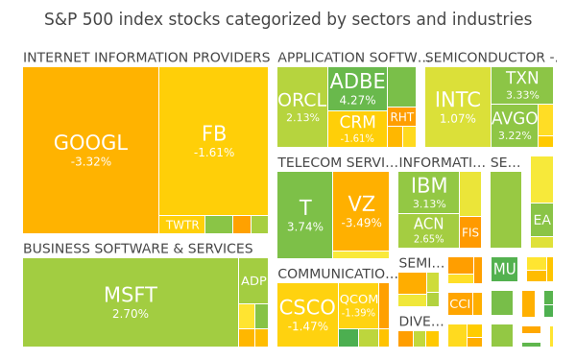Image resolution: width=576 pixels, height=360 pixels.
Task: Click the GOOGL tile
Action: click(x=91, y=150)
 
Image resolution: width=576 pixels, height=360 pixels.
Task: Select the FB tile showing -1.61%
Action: click(x=213, y=141)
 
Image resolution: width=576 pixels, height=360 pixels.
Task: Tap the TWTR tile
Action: click(x=181, y=225)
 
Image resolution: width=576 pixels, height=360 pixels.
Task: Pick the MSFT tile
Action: click(x=131, y=302)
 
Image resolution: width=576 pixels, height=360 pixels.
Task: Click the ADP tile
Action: click(x=253, y=280)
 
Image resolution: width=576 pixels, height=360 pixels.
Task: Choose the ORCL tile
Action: click(x=302, y=107)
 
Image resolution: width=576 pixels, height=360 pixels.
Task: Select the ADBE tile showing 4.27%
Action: click(x=357, y=88)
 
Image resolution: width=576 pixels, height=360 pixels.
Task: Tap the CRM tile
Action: click(x=357, y=129)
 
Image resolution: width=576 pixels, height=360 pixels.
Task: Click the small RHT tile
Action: click(x=401, y=117)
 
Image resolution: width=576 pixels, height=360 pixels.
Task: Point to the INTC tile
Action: click(x=458, y=107)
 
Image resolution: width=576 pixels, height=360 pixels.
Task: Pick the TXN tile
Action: click(x=522, y=85)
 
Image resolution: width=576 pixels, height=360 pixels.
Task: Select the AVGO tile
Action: click(x=515, y=126)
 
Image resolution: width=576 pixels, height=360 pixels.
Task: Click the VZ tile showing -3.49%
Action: click(x=361, y=211)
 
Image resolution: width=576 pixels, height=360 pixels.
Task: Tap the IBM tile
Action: click(x=429, y=192)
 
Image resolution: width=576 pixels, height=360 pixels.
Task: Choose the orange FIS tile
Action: click(x=470, y=232)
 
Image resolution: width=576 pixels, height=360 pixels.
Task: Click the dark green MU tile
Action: click(x=504, y=269)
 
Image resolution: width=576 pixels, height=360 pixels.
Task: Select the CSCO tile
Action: click(x=307, y=315)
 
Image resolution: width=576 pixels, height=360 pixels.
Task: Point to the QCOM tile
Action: click(x=358, y=305)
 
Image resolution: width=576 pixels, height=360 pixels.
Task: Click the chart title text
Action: click(x=288, y=19)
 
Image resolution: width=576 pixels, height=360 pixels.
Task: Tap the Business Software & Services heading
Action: click(x=138, y=249)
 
